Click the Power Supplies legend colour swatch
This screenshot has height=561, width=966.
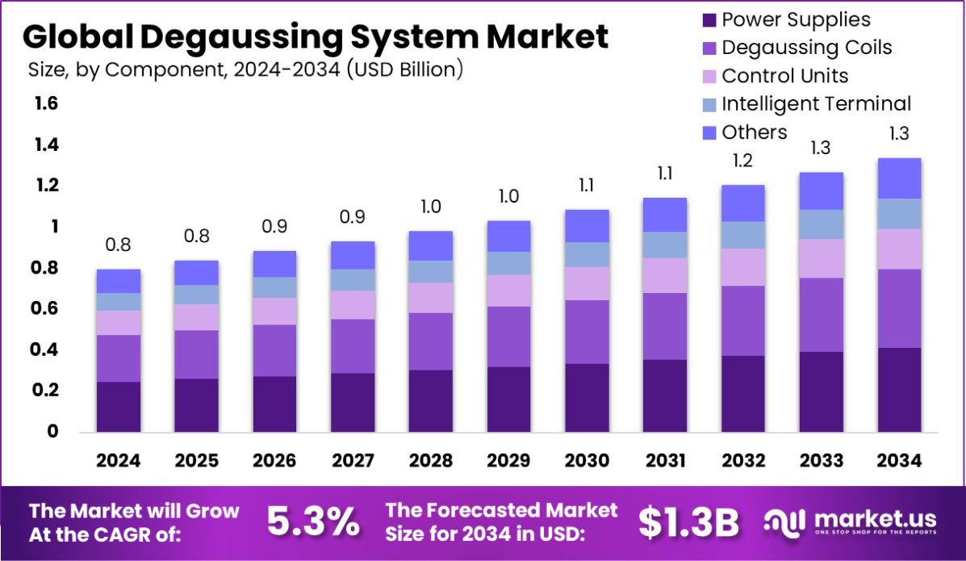(x=709, y=20)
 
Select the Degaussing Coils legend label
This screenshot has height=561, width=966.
(x=806, y=48)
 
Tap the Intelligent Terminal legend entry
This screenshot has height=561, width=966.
(x=816, y=104)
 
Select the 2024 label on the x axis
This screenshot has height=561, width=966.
(x=118, y=460)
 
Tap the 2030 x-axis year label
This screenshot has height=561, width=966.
(x=587, y=460)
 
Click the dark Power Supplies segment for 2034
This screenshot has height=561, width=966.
(x=899, y=390)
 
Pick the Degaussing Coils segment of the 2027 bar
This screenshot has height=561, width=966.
(x=353, y=345)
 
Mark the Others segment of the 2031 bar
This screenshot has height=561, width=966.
(x=665, y=215)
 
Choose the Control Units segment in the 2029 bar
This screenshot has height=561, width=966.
(x=508, y=291)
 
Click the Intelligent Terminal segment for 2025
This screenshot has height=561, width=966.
(x=196, y=295)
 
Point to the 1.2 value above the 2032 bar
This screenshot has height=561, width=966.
(x=742, y=161)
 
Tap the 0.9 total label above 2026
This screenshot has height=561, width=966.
(x=274, y=227)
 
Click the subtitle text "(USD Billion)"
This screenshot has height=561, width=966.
(x=404, y=70)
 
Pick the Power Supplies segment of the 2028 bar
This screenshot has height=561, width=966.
(x=431, y=401)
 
